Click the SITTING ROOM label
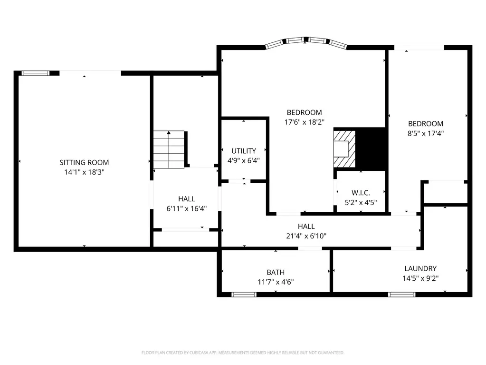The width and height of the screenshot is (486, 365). tap(84, 162)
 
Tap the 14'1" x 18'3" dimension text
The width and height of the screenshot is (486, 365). tap(84, 172)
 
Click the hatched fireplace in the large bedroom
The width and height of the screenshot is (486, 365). tap(344, 149)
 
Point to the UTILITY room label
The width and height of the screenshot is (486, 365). tap(244, 151)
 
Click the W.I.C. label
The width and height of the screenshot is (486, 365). tap(361, 193)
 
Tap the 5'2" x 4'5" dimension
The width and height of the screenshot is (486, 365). tap(361, 203)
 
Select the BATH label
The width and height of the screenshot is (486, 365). tap(276, 272)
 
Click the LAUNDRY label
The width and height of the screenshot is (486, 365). tap(420, 268)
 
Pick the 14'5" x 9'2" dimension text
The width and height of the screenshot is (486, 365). tap(420, 278)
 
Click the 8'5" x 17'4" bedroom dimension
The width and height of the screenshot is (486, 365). tap(426, 133)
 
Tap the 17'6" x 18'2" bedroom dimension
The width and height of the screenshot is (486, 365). tap(304, 122)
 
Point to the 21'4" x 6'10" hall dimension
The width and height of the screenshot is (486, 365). tap(306, 236)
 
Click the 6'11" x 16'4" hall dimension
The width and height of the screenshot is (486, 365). tap(187, 208)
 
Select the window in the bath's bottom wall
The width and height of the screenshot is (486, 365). tap(244, 295)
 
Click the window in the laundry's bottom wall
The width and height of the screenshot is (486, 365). tap(401, 295)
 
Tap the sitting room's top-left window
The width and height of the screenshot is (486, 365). tap(35, 73)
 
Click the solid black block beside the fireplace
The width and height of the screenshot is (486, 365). tap(371, 149)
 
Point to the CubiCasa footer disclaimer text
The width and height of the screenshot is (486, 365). tap(243, 353)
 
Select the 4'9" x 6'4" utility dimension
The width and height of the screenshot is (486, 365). tap(244, 160)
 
